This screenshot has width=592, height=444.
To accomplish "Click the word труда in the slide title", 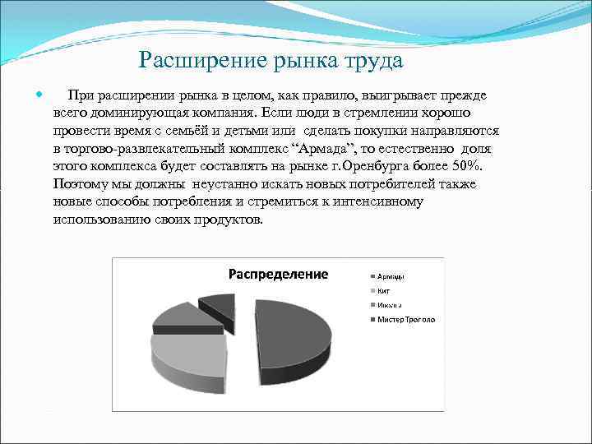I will pyautogui.click(x=375, y=61).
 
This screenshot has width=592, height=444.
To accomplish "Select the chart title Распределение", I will pyautogui.click(x=278, y=274).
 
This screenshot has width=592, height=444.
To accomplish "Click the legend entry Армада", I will pyautogui.click(x=391, y=275).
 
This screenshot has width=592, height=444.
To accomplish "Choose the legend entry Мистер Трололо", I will pyautogui.click(x=405, y=319).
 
